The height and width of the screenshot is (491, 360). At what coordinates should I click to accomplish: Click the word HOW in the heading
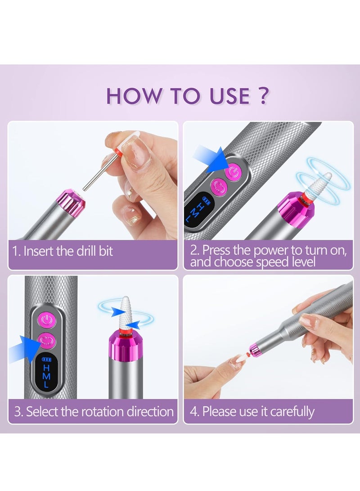tap(130, 96)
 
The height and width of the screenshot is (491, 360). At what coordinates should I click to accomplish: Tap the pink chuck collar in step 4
tap(256, 350)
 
